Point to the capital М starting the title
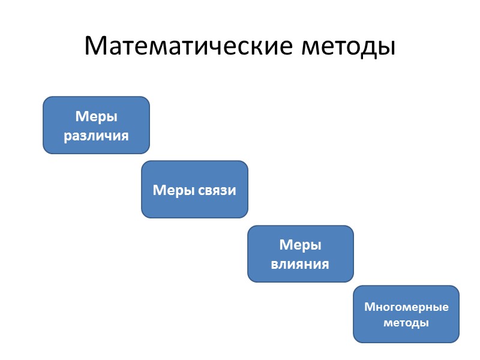coord(97,46)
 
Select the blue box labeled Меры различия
coord(96,125)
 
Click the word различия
coord(96,135)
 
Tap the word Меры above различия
coord(96,116)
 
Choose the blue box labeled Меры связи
coord(194,189)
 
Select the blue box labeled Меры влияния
coord(301,254)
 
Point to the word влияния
coord(301,263)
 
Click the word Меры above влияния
coord(301,245)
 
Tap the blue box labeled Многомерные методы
coord(406,314)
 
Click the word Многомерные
coord(406,307)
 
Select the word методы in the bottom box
coord(406,323)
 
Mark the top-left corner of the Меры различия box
coord(45,98)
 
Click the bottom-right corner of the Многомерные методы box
coord(457,340)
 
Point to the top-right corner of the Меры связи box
coord(246,163)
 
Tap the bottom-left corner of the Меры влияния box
coord(250,280)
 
